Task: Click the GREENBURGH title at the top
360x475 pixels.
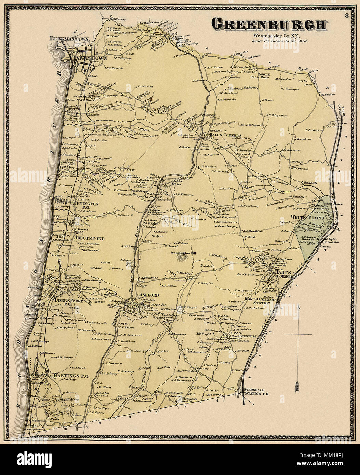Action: [269, 25]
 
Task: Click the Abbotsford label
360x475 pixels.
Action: [88, 238]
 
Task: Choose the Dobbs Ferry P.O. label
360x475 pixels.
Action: [67, 301]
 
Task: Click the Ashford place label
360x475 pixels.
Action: [147, 295]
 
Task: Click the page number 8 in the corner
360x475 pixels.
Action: [347, 15]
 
